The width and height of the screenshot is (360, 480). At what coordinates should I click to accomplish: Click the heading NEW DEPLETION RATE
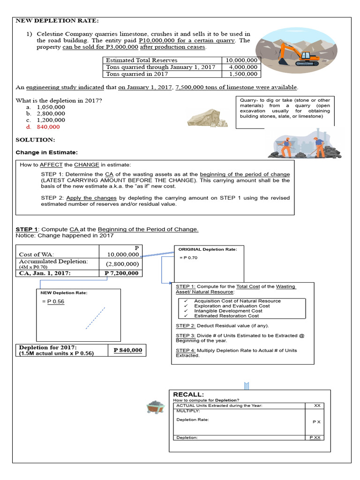pos(58,21)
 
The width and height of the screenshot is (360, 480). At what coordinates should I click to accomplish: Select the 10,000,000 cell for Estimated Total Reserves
pos(241,60)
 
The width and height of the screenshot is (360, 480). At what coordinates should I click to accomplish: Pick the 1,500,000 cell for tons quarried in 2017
pos(243,74)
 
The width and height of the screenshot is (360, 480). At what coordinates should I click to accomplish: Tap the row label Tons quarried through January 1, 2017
pos(161,67)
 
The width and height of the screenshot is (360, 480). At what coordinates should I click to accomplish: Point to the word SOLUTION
pos(35,140)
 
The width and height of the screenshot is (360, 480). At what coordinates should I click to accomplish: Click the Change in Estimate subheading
pos(47,152)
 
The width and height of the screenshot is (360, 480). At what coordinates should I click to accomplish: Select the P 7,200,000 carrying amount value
pos(121,273)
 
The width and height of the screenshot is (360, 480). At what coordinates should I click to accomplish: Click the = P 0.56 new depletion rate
pos(53,301)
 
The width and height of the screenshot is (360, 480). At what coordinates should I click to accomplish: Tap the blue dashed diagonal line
pos(95,318)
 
